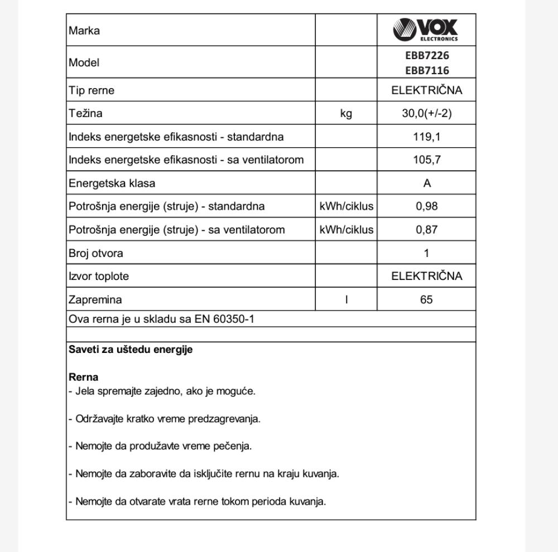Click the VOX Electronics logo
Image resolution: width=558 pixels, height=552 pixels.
tap(426, 30)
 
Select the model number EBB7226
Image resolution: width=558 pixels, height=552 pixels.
tap(427, 55)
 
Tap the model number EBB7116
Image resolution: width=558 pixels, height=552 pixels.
tap(427, 70)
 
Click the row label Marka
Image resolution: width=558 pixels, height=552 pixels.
tap(84, 31)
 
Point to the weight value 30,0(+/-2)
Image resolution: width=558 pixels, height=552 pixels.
tap(427, 113)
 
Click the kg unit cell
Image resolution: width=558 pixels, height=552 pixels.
tap(346, 113)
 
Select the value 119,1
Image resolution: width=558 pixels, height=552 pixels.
tap(427, 137)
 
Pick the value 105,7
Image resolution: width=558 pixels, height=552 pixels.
tap(427, 160)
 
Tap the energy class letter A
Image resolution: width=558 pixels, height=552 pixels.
tap(427, 183)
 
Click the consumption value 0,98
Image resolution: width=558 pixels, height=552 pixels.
tap(427, 206)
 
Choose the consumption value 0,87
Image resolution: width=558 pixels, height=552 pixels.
tap(427, 230)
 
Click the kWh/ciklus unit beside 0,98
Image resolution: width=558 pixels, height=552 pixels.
tap(346, 206)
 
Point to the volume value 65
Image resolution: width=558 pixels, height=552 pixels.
tap(427, 299)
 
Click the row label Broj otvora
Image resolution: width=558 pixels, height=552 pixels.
tap(95, 253)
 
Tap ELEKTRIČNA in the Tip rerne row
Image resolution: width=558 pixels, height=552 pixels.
tap(427, 90)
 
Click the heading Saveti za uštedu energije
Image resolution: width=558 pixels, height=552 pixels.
tap(131, 350)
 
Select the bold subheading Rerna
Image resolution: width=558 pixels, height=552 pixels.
tap(83, 377)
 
